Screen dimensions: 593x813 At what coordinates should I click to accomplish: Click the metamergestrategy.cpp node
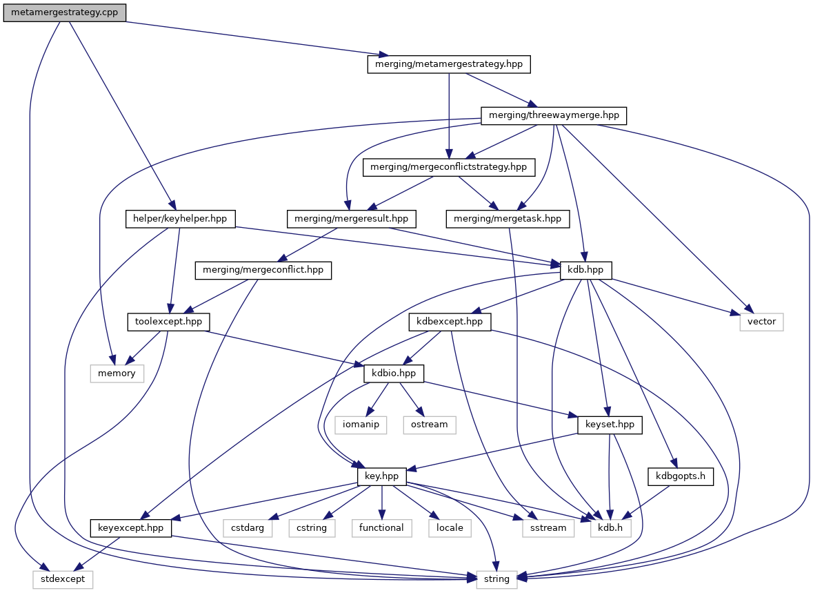65,13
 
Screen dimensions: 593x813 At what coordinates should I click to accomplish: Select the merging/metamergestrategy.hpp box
449,64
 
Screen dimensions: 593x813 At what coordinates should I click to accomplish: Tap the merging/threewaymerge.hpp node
554,115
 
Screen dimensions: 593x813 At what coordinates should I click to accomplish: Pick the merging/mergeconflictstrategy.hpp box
449,167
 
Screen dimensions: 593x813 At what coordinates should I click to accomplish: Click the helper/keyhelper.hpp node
180,220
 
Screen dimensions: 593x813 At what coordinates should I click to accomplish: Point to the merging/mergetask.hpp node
508,220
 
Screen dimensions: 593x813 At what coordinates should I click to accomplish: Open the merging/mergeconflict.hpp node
263,271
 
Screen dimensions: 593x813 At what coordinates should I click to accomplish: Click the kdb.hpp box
586,271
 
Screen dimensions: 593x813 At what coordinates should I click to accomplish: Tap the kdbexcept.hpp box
450,322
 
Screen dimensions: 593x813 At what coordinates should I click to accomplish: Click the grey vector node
762,322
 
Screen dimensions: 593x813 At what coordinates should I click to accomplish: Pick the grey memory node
117,373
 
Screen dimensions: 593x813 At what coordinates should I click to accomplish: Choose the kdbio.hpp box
394,373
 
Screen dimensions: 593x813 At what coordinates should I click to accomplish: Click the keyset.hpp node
605,425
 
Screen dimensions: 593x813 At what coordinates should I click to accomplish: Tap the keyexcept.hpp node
130,528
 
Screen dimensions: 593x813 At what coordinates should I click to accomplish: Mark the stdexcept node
62,579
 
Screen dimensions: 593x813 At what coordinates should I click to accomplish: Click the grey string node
496,579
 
